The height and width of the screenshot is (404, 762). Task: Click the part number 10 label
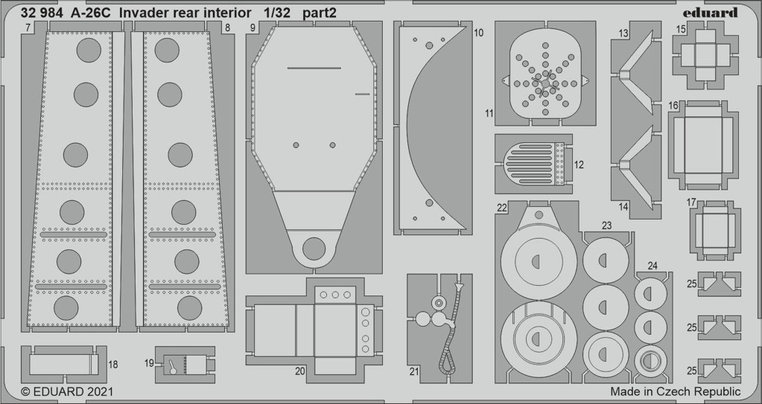click(x=478, y=33)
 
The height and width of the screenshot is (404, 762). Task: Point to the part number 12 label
click(x=579, y=164)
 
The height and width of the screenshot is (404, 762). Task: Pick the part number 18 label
click(x=112, y=364)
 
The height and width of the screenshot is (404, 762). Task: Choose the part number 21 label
click(x=414, y=372)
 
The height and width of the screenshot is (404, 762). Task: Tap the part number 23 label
click(x=606, y=225)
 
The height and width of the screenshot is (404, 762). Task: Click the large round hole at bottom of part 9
click(x=314, y=249)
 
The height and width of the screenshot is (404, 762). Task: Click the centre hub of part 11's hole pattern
click(x=545, y=83)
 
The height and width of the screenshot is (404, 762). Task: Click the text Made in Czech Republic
click(x=676, y=391)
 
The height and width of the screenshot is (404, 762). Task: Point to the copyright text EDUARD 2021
click(x=67, y=391)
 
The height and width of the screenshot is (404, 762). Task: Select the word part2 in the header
click(x=319, y=13)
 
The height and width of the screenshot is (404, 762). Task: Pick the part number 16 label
click(x=673, y=106)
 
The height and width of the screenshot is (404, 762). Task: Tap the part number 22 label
click(x=502, y=208)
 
